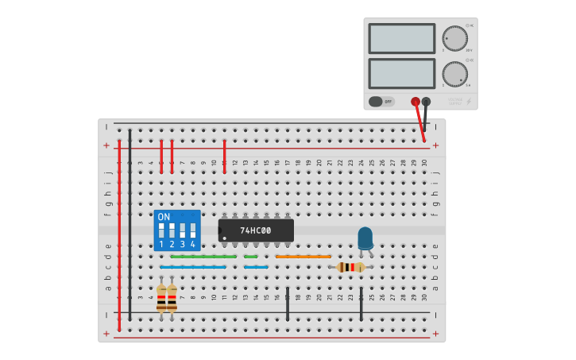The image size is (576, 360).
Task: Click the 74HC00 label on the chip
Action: tap(256, 230)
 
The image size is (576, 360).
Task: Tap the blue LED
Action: tap(365, 238)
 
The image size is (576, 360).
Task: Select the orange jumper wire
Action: tap(303, 257)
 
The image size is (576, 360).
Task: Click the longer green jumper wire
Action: tap(203, 257)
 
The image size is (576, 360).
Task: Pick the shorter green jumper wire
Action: tap(250, 257)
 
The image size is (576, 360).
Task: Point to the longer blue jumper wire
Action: tap(192, 267)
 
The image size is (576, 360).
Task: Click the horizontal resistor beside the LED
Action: tap(350, 267)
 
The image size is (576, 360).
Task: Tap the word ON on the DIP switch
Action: tap(164, 217)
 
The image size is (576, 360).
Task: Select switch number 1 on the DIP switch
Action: tap(161, 230)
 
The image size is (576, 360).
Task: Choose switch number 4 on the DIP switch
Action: tap(192, 230)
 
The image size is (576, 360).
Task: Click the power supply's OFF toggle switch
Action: tap(381, 102)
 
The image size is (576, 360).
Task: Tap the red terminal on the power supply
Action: tap(416, 102)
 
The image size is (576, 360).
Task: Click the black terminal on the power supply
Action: tap(427, 102)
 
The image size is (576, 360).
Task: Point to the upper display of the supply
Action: tap(401, 39)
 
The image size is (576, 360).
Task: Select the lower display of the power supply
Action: tap(401, 74)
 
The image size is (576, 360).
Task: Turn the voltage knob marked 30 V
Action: tap(454, 39)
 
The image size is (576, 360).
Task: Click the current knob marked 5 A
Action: tap(454, 74)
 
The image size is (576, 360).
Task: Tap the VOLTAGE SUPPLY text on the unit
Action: tap(454, 101)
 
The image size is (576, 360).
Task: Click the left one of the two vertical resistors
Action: tap(161, 299)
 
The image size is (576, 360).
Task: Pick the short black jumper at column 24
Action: tap(361, 304)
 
